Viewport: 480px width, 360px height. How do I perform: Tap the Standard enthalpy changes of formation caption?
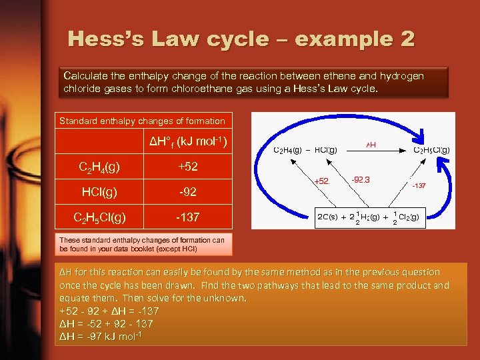coord(143,121)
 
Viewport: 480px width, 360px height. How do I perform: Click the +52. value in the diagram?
coord(322,181)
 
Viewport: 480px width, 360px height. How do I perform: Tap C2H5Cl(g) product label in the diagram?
coord(431,150)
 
